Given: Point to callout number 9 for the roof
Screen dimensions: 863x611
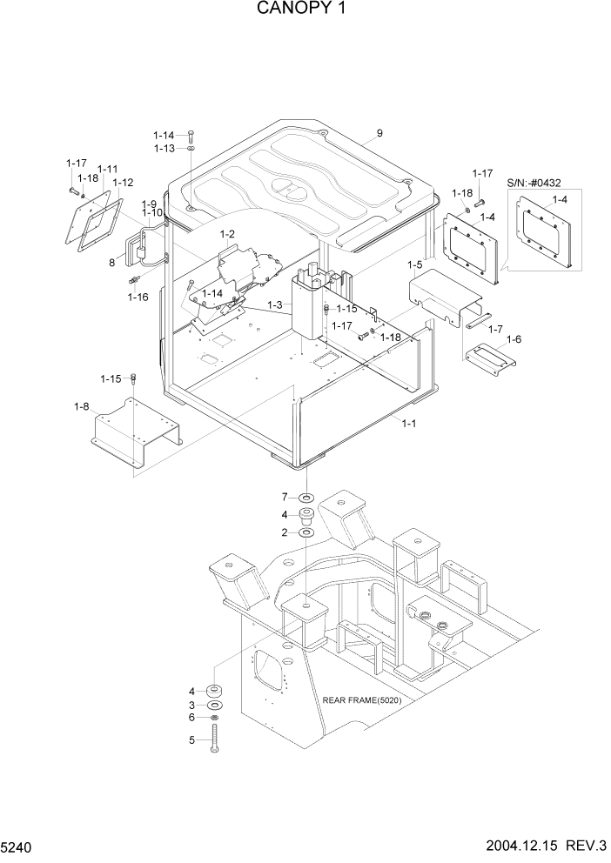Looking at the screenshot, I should (x=379, y=134).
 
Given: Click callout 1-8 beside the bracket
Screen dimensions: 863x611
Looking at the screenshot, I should (x=82, y=405).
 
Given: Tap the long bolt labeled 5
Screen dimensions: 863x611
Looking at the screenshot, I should (x=215, y=739).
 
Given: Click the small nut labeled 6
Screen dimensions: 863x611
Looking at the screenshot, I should (x=215, y=718).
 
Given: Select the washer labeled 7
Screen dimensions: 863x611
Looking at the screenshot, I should (x=305, y=498).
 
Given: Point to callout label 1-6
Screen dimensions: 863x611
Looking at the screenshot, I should (x=514, y=339).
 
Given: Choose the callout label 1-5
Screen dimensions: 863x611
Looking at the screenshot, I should (x=415, y=264).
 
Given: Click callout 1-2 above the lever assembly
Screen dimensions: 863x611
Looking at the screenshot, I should (x=229, y=234).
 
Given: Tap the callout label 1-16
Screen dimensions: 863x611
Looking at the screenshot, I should (x=138, y=297).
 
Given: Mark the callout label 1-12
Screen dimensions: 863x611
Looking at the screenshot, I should (x=122, y=183).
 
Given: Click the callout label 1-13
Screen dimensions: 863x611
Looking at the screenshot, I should (x=164, y=149).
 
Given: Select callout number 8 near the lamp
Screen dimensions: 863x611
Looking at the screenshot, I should (x=111, y=260).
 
